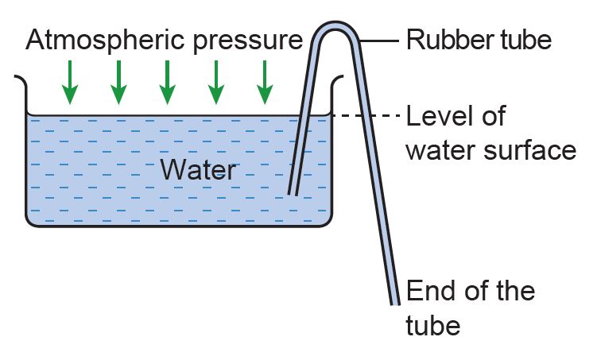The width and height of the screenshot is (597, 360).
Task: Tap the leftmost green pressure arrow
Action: coord(71,82)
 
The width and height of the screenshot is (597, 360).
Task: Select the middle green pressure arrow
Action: coord(167,82)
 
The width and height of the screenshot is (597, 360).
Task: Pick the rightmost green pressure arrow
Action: coord(263,82)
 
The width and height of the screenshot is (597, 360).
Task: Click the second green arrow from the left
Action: coord(118,82)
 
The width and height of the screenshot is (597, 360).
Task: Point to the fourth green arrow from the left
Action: coord(215,82)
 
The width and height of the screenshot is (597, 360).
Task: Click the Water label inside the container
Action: coord(198,169)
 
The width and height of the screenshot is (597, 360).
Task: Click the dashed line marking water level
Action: coord(365,116)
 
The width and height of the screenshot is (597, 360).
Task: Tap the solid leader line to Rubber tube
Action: coord(380,38)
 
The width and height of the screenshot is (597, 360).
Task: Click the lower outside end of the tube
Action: coord(395,300)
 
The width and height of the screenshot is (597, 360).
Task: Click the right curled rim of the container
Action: coord(339,80)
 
